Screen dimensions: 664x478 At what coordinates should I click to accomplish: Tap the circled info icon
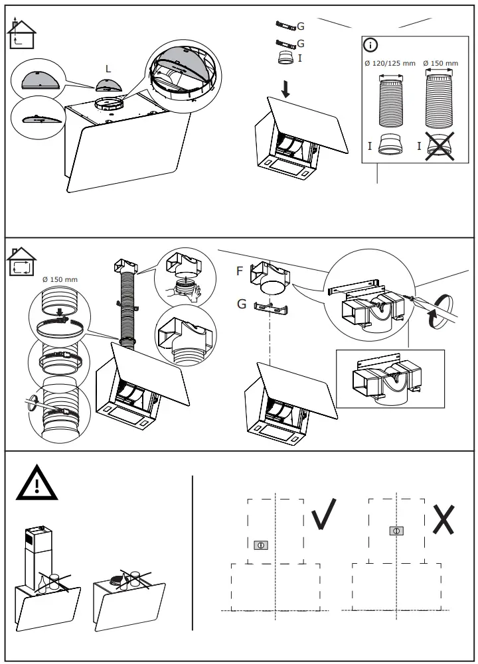coord(370,45)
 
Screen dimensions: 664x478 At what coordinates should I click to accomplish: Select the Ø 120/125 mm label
coord(390,64)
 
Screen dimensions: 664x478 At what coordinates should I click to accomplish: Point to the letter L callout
coord(108,68)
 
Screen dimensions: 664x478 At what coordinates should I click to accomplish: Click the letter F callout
coord(240,271)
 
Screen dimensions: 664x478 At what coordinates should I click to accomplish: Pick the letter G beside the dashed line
coord(241,305)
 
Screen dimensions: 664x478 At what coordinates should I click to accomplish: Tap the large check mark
coord(325,511)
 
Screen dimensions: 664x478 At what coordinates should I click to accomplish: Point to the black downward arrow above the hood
coord(285,89)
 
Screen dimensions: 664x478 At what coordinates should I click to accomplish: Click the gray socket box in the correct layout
coord(261,545)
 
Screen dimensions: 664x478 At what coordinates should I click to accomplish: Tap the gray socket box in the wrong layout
coord(396,530)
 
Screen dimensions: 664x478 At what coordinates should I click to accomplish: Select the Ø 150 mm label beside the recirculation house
coord(60,279)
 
